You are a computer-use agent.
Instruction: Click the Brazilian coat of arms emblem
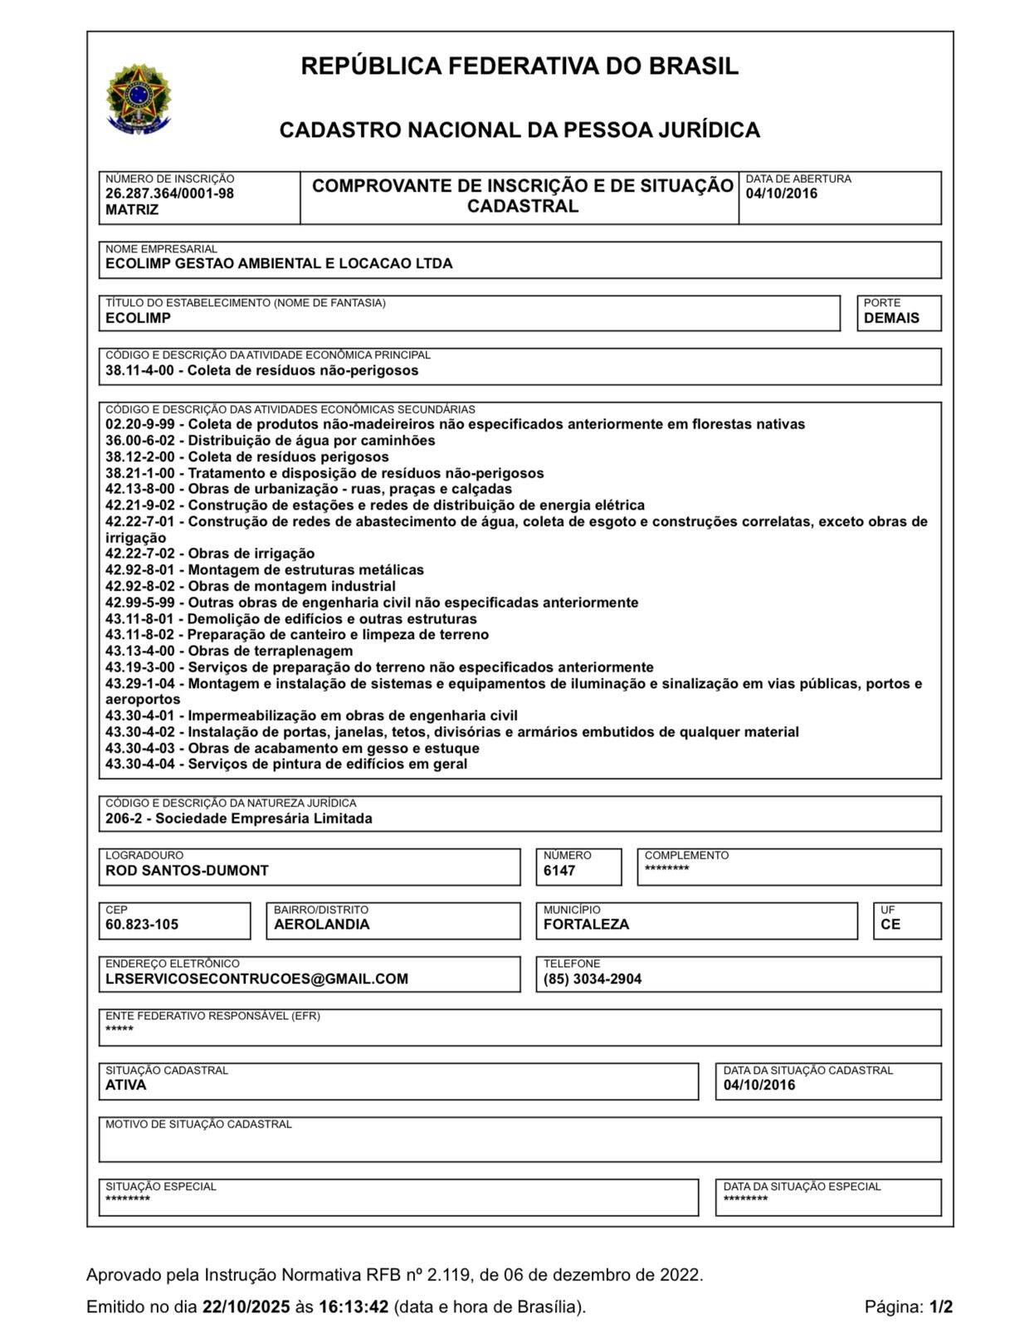coord(139,100)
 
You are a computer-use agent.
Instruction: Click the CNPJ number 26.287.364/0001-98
coord(169,193)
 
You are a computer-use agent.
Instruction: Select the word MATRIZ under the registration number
coord(132,210)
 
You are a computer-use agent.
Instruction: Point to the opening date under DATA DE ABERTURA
coord(781,193)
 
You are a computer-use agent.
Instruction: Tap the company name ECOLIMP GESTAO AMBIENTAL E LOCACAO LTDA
coord(279,264)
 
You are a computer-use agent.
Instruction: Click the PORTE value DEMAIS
coord(891,318)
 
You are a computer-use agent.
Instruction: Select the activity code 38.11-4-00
coord(139,370)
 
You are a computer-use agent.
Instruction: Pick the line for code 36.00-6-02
coord(270,441)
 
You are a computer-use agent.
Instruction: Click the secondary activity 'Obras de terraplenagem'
coord(270,651)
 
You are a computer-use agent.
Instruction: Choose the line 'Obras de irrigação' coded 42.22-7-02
coord(210,554)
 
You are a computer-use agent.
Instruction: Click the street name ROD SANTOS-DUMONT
coord(187,871)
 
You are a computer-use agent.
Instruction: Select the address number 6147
coord(559,871)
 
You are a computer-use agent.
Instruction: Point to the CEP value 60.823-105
coord(142,925)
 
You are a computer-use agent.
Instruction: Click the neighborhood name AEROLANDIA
coord(322,925)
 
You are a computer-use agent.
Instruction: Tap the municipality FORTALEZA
coord(586,925)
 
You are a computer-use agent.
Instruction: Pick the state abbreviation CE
coord(890,925)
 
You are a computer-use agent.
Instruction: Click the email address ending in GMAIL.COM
coord(256,979)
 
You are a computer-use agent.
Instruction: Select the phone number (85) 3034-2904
coord(593,979)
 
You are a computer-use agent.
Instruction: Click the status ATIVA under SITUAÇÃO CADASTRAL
coord(125,1085)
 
